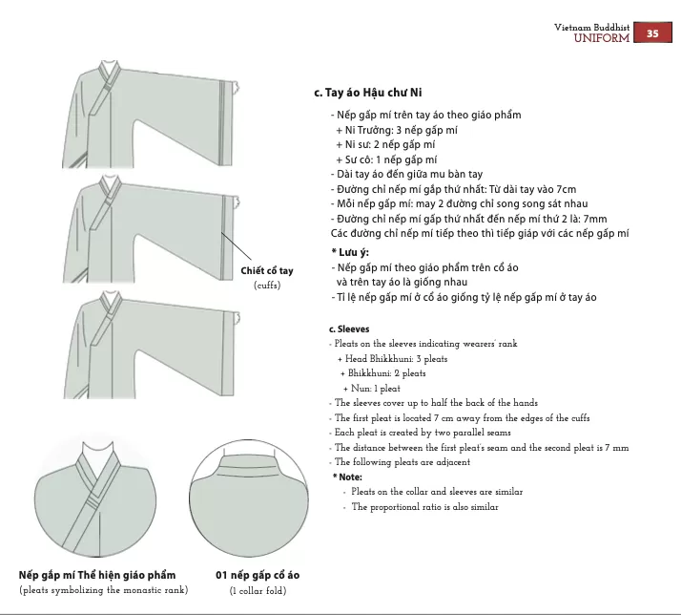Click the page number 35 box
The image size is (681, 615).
653,33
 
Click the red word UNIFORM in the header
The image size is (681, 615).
601,38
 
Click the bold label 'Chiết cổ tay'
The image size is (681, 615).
267,272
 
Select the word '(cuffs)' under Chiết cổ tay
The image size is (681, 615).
267,286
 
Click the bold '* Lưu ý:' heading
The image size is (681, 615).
350,252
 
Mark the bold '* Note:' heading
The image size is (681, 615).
349,477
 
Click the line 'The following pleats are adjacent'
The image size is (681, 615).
402,462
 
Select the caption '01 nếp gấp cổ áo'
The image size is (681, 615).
258,575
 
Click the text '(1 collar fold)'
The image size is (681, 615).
258,590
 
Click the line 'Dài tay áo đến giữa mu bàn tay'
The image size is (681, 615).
406,174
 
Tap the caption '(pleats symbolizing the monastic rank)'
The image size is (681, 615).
103,590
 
